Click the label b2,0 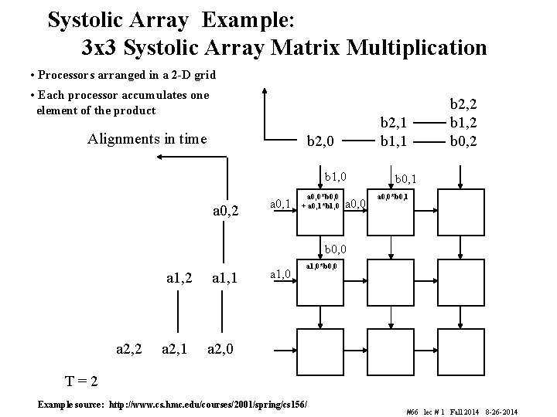tap(321, 141)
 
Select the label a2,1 tap(176, 350)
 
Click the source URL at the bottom tap(176, 404)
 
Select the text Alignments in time tap(147, 139)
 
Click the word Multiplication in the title tap(417, 48)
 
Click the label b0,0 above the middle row tap(335, 249)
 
